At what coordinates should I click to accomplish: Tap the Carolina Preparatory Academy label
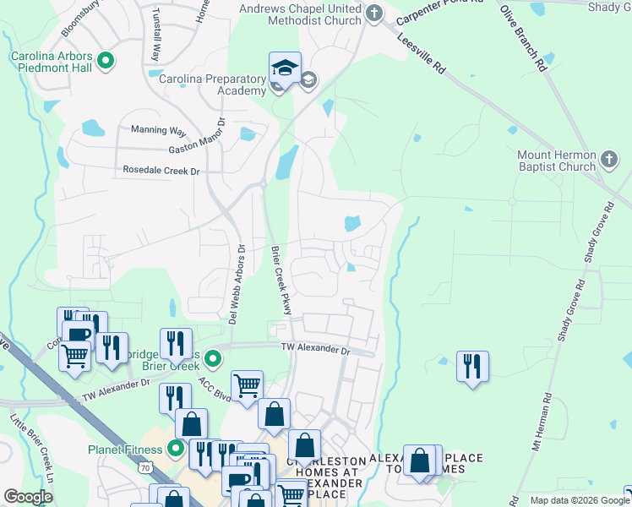(213, 84)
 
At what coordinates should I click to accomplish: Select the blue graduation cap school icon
(285, 69)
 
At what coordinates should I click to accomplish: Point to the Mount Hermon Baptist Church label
(557, 161)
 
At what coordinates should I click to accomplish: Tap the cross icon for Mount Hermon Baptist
(609, 160)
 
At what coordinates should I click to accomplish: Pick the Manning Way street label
(158, 131)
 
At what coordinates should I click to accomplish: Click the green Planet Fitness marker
(176, 448)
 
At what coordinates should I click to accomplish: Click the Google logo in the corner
(28, 497)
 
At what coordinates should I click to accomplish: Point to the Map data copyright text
(579, 500)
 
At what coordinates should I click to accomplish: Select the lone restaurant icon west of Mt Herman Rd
(472, 366)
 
